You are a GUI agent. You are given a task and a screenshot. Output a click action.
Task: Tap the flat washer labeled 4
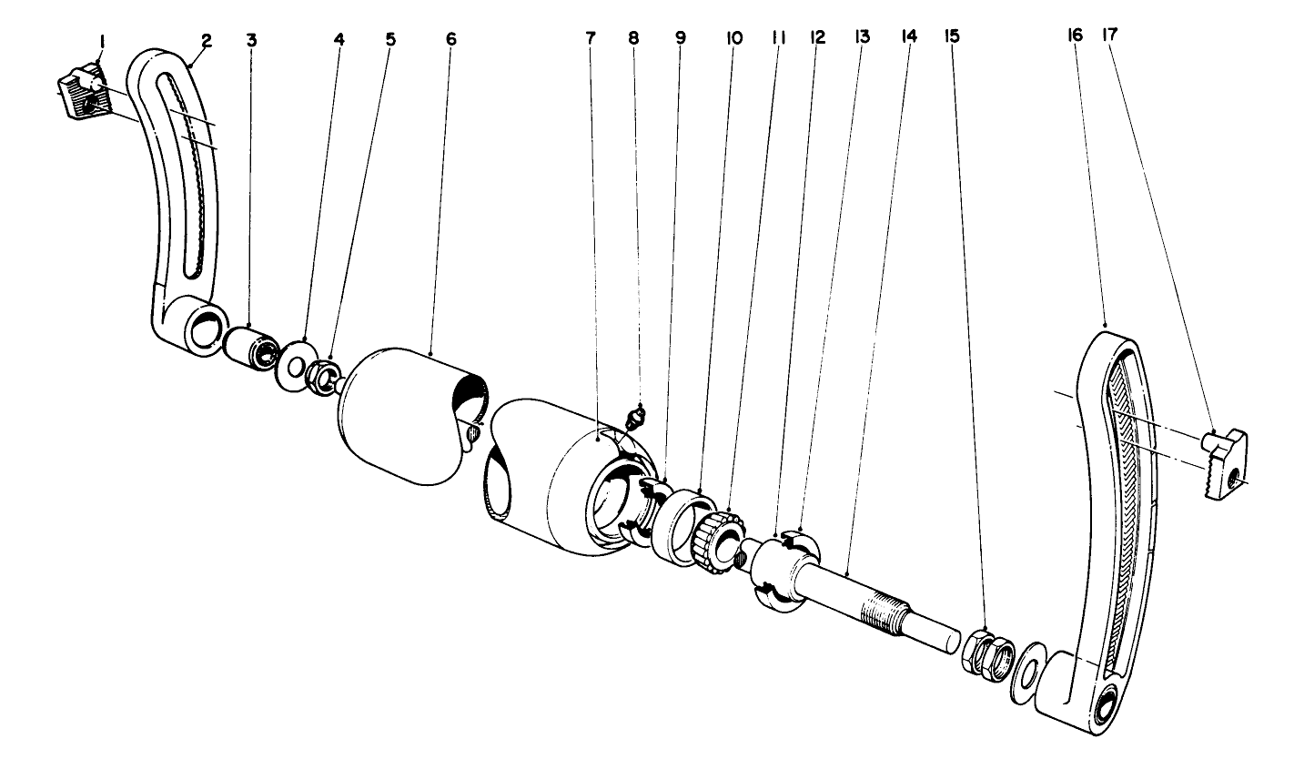(294, 365)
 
